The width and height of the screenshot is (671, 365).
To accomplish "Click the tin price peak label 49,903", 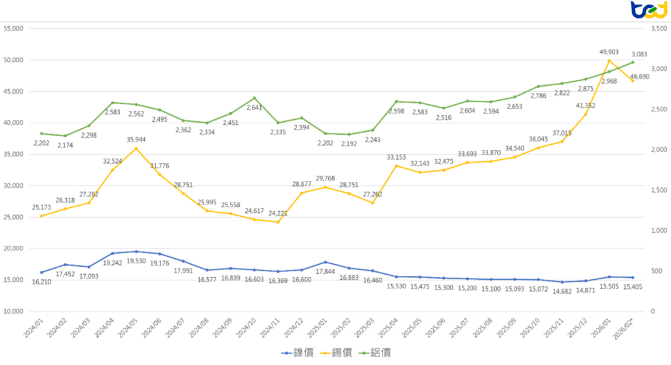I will (x=609, y=52).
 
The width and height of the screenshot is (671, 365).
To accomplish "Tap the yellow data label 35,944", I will (x=136, y=140).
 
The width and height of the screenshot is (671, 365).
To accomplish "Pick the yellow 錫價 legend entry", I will (x=336, y=353).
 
